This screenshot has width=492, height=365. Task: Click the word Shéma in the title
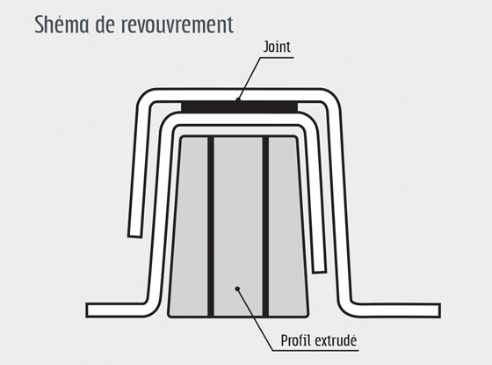point(61,25)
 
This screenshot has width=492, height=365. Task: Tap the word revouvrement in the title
point(177,25)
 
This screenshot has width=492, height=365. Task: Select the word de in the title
point(105,25)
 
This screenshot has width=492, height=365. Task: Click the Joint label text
point(277,47)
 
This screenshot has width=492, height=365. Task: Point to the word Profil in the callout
point(295,340)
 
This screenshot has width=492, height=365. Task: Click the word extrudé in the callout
point(336,340)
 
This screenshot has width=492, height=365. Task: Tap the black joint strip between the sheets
point(239,106)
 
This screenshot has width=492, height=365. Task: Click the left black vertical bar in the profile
point(211,226)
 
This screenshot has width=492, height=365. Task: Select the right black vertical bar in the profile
point(265,226)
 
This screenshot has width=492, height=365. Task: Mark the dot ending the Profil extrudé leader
point(237,288)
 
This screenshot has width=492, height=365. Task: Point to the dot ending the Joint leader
point(238,100)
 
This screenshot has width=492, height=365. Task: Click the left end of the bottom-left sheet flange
point(87,310)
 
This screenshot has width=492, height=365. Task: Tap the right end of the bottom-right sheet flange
point(439,310)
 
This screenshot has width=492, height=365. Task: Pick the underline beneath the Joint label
point(277,57)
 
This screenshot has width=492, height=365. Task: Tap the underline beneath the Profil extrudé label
point(315,350)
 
